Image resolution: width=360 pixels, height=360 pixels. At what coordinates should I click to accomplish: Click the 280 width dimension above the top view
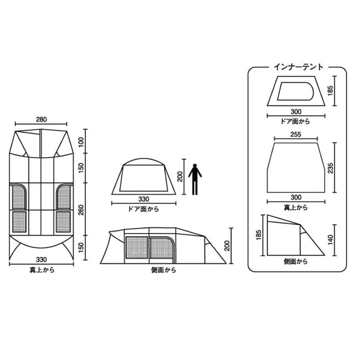pyautogui.click(x=41, y=120)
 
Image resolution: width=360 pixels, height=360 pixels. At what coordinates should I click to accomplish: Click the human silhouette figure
pyautogui.click(x=195, y=179)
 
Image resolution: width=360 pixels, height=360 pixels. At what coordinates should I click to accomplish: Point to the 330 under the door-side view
pyautogui.click(x=143, y=199)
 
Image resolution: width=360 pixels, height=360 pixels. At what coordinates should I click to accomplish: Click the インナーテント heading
pyautogui.click(x=298, y=67)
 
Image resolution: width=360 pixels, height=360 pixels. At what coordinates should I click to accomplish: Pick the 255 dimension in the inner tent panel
pyautogui.click(x=296, y=135)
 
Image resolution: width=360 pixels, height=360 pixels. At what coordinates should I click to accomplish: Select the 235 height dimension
pyautogui.click(x=330, y=168)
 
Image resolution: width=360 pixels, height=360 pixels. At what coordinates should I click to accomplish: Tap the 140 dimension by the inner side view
pyautogui.click(x=330, y=240)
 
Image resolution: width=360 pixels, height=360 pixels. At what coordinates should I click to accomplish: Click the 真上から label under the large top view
pyautogui.click(x=42, y=270)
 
